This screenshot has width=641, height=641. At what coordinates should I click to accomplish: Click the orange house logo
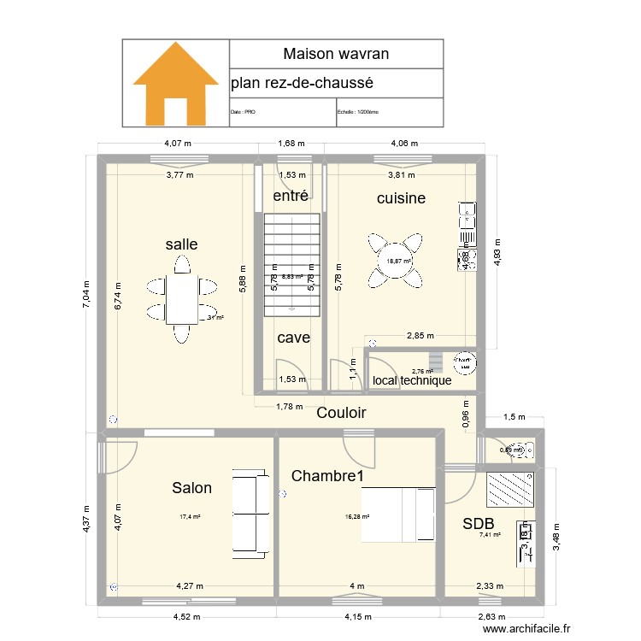pyautogui.click(x=175, y=83)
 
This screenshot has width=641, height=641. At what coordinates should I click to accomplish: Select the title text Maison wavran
pyautogui.click(x=336, y=54)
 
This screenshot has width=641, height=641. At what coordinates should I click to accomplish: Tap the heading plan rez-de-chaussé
pyautogui.click(x=302, y=84)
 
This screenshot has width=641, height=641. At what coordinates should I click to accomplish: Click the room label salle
pyautogui.click(x=181, y=244)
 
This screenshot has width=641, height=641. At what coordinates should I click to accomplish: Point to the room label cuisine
pyautogui.click(x=401, y=198)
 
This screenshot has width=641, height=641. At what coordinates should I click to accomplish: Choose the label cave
pyautogui.click(x=293, y=338)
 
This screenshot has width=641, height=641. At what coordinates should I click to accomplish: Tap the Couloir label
pyautogui.click(x=341, y=413)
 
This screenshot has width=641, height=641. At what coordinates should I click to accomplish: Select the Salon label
pyautogui.click(x=191, y=488)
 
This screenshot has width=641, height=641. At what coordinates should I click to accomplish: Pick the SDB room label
pyautogui.click(x=479, y=524)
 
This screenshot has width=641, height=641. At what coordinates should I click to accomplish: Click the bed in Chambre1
pyautogui.click(x=399, y=514)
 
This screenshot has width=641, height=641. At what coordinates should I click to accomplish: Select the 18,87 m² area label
pyautogui.click(x=398, y=262)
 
